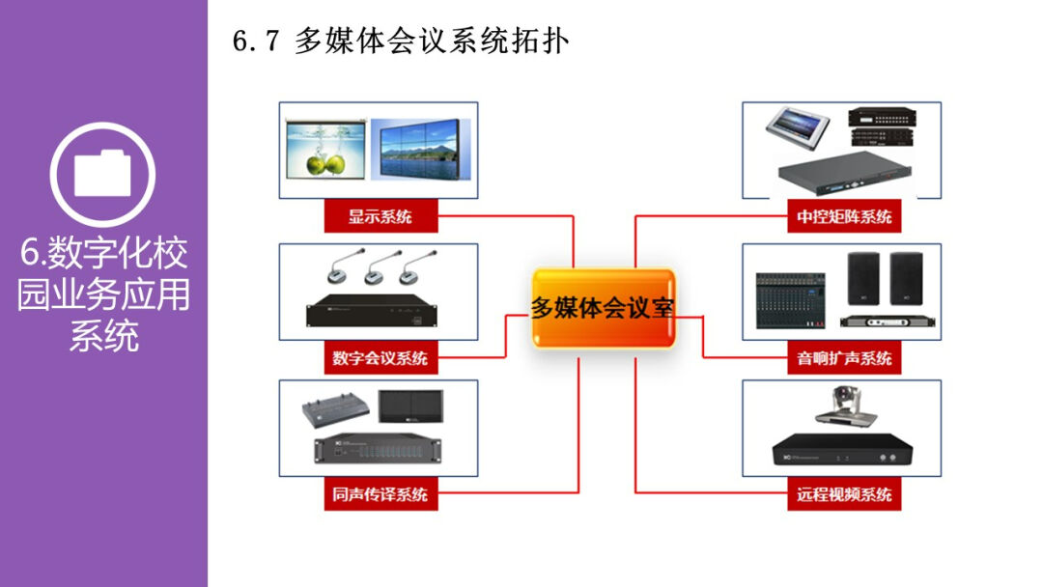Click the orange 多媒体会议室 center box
603,308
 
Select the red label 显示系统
380,216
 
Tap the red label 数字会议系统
380,358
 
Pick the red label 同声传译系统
380,494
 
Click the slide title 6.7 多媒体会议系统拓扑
401,42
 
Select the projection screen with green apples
326,151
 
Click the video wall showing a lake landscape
422,151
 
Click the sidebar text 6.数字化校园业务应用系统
103,294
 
